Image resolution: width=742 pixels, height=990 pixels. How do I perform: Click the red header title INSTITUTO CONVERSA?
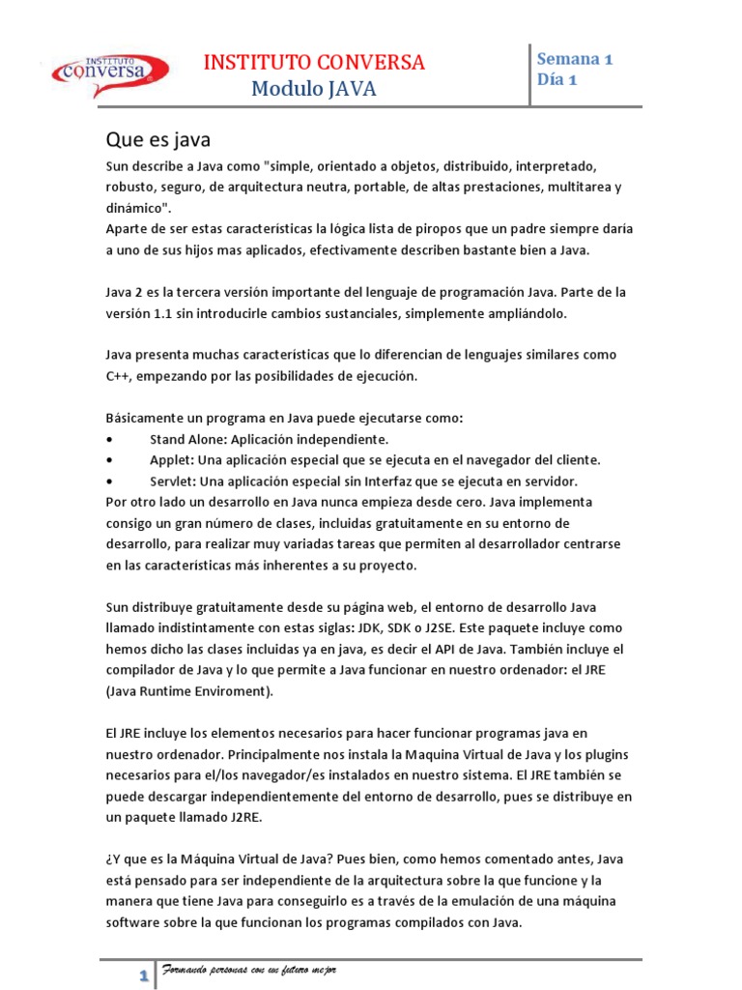(x=314, y=63)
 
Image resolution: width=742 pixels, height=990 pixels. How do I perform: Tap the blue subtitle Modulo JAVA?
(x=313, y=90)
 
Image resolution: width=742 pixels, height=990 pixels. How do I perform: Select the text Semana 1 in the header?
(x=575, y=58)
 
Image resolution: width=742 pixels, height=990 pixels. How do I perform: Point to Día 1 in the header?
(x=557, y=80)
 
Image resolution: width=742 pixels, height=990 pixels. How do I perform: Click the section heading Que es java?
(x=157, y=138)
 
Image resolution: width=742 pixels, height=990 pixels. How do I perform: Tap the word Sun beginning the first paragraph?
(x=117, y=165)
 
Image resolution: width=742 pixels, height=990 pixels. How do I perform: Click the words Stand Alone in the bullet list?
(x=188, y=438)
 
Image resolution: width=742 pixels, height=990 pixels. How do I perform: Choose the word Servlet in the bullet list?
(x=173, y=480)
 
